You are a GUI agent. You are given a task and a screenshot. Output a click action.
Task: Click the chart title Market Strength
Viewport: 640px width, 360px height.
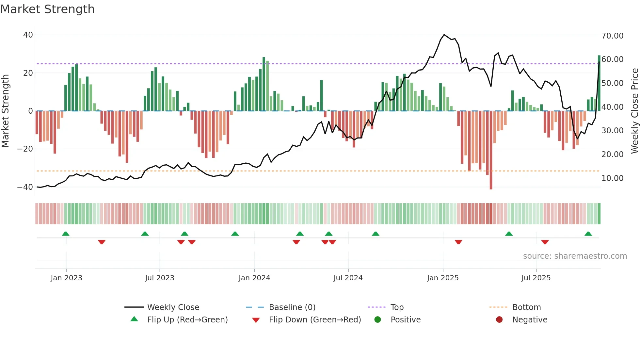pos(47,9)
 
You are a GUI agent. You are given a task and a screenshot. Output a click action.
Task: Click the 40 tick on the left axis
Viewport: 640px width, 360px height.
pos(28,35)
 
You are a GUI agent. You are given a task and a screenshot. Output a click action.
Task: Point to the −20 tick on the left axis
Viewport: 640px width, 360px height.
pos(25,149)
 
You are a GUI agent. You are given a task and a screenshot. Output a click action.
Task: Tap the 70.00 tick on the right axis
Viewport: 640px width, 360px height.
pos(612,36)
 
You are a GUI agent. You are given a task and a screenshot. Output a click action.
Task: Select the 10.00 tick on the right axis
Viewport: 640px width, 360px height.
pos(612,178)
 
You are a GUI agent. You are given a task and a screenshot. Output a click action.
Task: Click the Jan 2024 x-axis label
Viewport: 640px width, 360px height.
pos(254,278)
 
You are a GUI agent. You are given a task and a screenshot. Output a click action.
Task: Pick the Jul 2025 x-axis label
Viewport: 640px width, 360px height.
pos(536,278)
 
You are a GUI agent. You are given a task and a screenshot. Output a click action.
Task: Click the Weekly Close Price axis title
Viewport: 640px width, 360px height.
pos(634,111)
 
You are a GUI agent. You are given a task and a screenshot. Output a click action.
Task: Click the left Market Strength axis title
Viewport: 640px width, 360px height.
pos(6,111)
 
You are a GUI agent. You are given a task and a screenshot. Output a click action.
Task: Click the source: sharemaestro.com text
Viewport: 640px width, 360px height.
pos(575,256)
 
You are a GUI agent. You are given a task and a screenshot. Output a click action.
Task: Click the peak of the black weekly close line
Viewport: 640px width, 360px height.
pos(444,35)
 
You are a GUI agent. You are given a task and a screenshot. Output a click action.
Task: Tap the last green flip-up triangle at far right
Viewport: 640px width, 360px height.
pos(588,234)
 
